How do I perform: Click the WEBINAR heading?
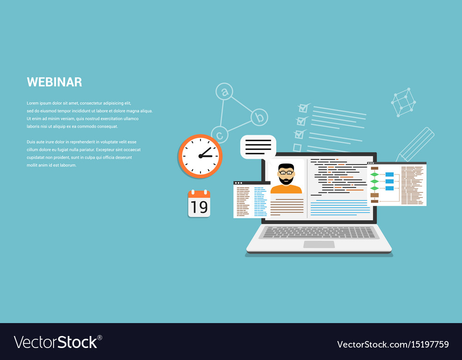click(55, 82)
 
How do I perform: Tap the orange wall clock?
click(200, 156)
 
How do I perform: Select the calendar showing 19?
click(199, 204)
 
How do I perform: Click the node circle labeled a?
click(224, 91)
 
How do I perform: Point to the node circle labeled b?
click(259, 117)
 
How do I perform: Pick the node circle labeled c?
click(219, 134)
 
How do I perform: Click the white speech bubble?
click(258, 147)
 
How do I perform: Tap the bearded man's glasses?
click(286, 173)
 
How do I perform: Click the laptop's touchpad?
click(319, 244)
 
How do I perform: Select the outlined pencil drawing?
click(415, 145)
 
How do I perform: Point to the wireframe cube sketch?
click(403, 102)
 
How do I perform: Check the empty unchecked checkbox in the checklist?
click(297, 148)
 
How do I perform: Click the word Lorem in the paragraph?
click(33, 103)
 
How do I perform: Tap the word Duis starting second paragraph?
click(31, 142)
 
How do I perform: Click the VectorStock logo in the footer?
click(58, 342)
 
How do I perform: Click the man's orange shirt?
click(286, 189)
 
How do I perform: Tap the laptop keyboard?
click(319, 232)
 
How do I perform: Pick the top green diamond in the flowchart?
click(375, 174)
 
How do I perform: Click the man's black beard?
click(286, 180)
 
